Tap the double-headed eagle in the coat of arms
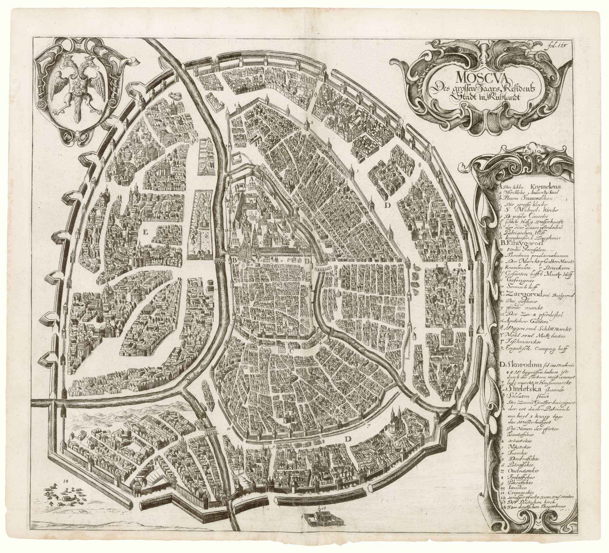[x=75, y=82]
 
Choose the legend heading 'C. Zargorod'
[x=524, y=294]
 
